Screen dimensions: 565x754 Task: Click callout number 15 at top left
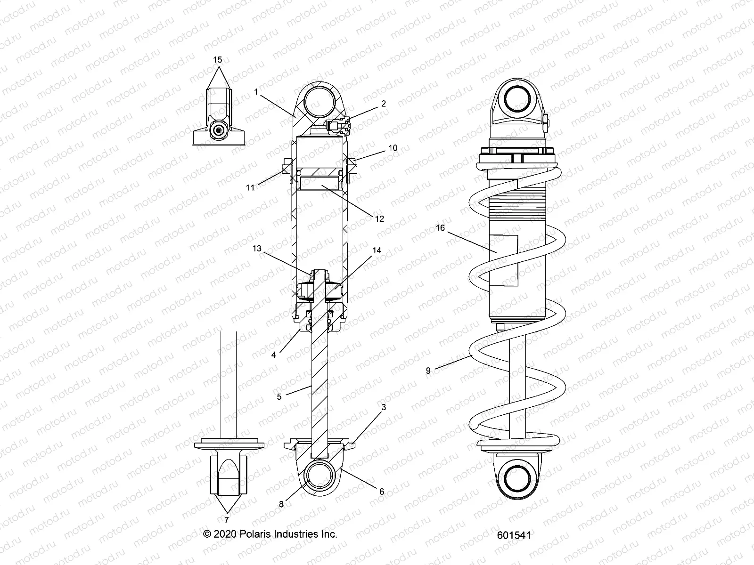pos(217,60)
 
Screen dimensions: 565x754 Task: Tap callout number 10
pos(392,148)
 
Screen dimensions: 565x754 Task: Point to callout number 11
pos(250,187)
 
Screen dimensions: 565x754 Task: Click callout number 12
pos(380,218)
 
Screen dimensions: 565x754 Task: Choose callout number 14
pos(377,250)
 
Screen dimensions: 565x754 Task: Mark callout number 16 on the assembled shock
pos(440,228)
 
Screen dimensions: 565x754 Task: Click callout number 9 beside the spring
pos(428,371)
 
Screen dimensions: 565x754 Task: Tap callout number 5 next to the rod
pos(279,397)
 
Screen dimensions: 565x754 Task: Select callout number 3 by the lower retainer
pos(384,407)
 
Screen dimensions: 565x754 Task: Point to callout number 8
pos(281,504)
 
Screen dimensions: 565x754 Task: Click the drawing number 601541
pos(514,535)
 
